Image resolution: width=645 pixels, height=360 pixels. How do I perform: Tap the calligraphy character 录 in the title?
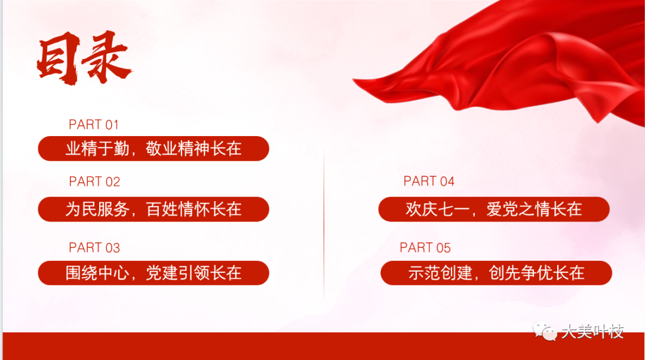click(x=107, y=57)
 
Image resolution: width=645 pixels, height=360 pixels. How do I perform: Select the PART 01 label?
click(x=94, y=125)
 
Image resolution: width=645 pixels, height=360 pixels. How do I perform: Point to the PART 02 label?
click(x=94, y=181)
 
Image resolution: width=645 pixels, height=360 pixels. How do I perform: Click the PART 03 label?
click(x=94, y=248)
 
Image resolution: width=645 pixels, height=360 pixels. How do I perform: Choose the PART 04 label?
click(x=429, y=181)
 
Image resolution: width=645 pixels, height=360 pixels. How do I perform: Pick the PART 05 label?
click(x=425, y=248)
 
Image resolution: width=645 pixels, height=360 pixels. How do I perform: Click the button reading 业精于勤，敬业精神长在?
click(x=153, y=149)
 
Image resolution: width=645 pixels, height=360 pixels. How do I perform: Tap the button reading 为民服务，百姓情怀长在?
click(x=153, y=210)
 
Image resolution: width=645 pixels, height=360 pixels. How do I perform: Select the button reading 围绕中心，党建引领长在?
click(x=153, y=273)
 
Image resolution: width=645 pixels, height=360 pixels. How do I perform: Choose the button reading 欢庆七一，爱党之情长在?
click(x=494, y=210)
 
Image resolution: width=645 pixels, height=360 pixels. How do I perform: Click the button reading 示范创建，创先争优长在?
click(x=496, y=273)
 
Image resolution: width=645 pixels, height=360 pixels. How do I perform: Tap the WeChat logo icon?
click(x=545, y=331)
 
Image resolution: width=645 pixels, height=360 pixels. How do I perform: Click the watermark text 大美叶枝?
click(x=593, y=331)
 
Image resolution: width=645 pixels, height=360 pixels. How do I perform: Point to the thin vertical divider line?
click(x=324, y=226)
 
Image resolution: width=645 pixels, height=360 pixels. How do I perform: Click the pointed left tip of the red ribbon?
click(x=353, y=79)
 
